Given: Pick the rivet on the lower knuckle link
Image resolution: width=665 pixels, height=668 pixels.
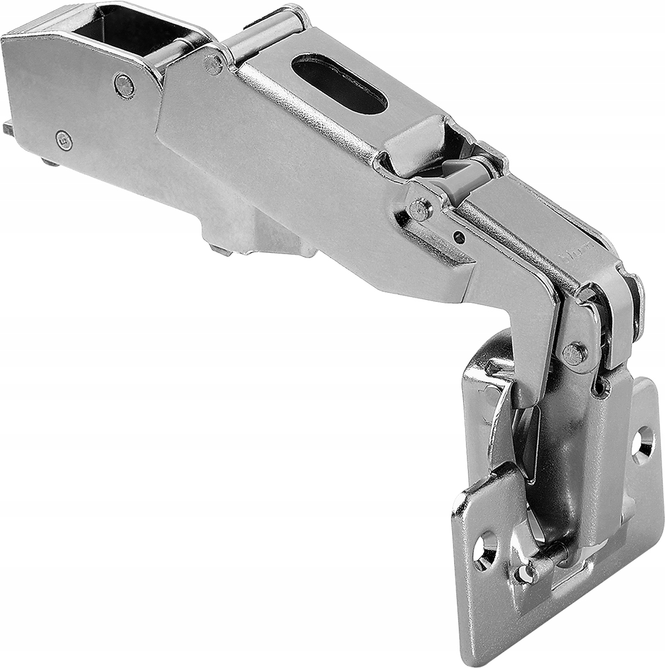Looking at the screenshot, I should pyautogui.click(x=574, y=352).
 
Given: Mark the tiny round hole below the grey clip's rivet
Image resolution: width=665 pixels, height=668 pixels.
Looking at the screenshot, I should pyautogui.click(x=459, y=237).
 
